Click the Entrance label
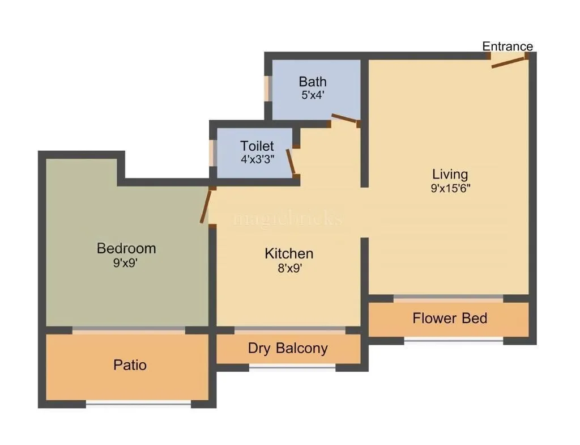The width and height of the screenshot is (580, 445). (x=507, y=46)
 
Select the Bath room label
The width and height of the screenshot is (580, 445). (x=313, y=82)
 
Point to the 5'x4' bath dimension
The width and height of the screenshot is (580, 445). (x=313, y=95)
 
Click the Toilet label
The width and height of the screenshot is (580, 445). (x=257, y=146)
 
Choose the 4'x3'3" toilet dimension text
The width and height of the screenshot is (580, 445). (x=257, y=159)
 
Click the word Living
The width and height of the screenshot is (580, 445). (x=450, y=174)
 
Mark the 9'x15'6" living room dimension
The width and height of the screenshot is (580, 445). (x=450, y=188)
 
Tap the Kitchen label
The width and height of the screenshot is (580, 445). (x=289, y=253)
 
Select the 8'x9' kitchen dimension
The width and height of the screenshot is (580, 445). (x=289, y=268)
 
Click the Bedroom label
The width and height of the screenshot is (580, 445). (x=126, y=248)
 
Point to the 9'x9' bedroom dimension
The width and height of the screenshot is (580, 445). (x=126, y=263)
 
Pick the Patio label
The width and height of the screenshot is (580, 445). (x=130, y=365)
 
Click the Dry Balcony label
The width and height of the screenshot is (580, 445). (x=288, y=347)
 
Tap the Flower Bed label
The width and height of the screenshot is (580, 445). (x=450, y=318)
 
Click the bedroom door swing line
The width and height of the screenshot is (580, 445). (x=206, y=206)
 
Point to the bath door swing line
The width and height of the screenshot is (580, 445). (x=344, y=118)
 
